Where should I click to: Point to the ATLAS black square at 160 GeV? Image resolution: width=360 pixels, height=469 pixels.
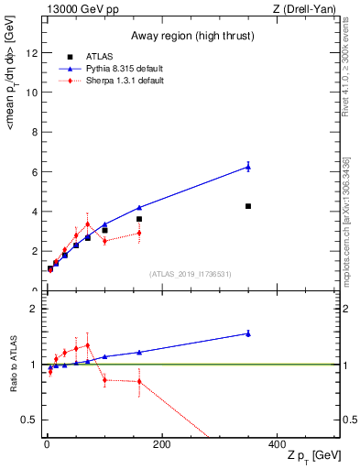coord(139,219)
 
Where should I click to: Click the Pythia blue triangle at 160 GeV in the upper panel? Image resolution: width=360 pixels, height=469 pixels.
coord(139,208)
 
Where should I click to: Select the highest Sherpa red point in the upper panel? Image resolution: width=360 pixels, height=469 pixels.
coord(88,224)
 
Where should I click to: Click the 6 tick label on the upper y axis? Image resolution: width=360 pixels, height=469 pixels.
coord(33,171)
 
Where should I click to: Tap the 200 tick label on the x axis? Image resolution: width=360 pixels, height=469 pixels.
coord(161,443)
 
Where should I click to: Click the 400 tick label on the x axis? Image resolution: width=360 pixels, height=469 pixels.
coord(277,443)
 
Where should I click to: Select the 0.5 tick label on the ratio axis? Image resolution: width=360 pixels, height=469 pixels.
coord(28,420)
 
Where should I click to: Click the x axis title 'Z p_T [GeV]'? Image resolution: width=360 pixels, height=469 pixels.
coord(311,456)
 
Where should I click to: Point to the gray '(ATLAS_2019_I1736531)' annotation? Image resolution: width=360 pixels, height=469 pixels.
coord(190,274)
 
